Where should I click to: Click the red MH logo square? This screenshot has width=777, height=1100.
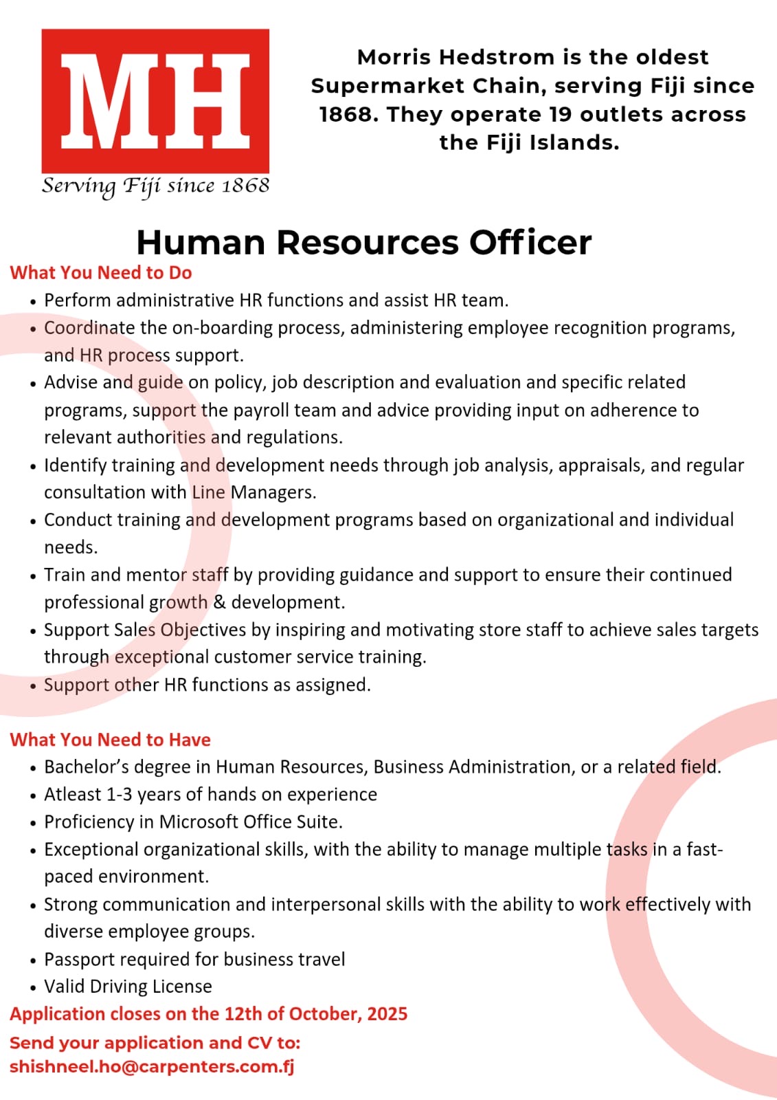(155, 100)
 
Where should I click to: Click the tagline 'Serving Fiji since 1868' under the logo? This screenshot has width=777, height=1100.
(155, 186)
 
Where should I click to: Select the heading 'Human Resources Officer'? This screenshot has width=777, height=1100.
(363, 242)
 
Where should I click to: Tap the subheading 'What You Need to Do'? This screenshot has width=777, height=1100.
(101, 273)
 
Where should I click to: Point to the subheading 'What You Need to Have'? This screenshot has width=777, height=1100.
(110, 740)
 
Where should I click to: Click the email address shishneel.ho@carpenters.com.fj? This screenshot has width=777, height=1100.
(152, 1067)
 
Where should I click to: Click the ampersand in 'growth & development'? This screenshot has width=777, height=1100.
(219, 602)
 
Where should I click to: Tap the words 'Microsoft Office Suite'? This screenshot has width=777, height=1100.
(250, 822)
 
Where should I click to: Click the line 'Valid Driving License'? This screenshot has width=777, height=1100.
(128, 987)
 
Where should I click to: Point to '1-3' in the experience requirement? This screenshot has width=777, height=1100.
(119, 795)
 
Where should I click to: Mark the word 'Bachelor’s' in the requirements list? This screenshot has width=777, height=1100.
(86, 767)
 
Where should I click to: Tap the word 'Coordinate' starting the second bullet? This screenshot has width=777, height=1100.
(89, 328)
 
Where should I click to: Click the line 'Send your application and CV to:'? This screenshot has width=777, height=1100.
(155, 1043)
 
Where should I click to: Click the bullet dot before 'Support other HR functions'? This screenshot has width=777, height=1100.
(33, 686)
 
